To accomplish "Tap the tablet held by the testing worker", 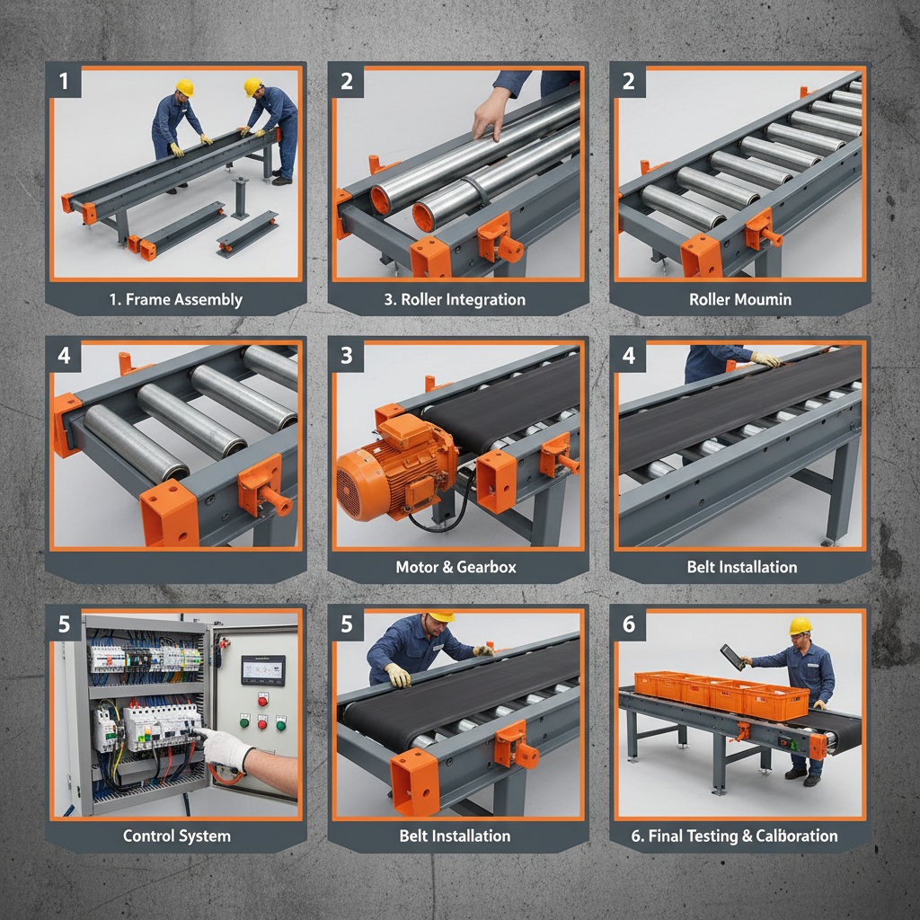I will coord(732,656).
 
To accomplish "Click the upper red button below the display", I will coord(263,699).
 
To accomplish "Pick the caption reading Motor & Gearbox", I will coord(456,567).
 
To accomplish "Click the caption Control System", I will coord(177,836).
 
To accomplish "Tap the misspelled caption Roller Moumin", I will coord(740,299).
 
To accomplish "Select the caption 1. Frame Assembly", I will coord(176,299).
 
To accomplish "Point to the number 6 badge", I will coord(628,624).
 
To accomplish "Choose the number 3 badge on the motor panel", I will coord(346,356).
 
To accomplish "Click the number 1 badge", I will coord(64,82).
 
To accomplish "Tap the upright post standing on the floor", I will coord(241,198).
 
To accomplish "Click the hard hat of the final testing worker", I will coord(800,625).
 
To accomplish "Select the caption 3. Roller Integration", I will coord(456,299).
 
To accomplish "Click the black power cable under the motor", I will coord(440,521).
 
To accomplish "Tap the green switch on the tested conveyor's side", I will coord(791,742).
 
